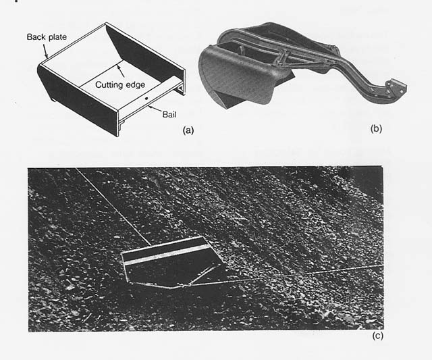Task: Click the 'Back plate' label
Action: (47, 37)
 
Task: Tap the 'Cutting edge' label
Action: (120, 84)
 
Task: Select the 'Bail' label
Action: (169, 114)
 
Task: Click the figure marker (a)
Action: (188, 130)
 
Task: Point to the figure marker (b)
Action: (377, 128)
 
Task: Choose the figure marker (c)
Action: (378, 336)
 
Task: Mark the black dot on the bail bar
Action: (146, 98)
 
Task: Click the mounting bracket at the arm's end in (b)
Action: (396, 88)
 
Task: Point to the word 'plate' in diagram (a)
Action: (57, 37)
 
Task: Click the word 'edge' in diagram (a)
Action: (135, 85)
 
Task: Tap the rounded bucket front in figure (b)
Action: (234, 74)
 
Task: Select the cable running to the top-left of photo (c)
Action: (113, 207)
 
